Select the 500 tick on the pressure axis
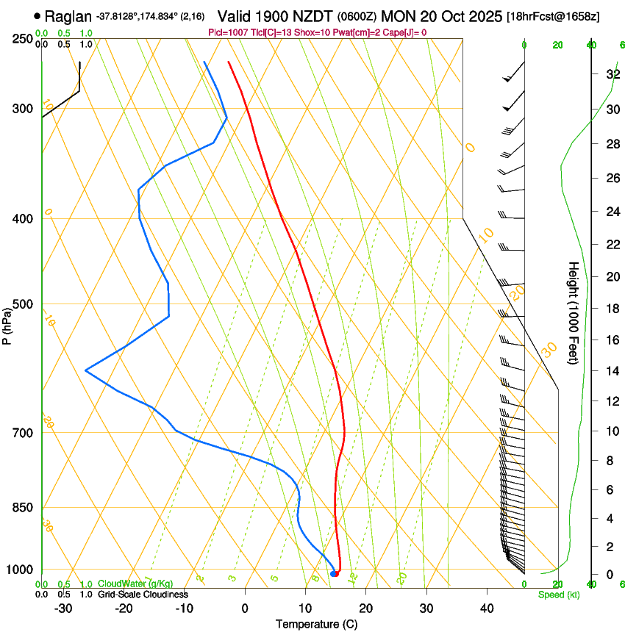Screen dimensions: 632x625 (21, 304)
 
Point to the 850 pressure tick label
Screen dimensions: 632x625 (21, 508)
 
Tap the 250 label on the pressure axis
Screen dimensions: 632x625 (21, 39)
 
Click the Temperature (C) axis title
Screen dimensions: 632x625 (316, 624)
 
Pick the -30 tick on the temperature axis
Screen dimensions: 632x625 (63, 608)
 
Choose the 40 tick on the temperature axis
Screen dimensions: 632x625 (486, 608)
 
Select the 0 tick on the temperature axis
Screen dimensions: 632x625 (245, 608)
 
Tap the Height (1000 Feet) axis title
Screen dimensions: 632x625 (574, 312)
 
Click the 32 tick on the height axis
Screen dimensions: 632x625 (611, 74)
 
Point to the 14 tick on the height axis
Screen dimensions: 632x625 (611, 371)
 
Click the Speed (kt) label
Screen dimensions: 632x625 (558, 595)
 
